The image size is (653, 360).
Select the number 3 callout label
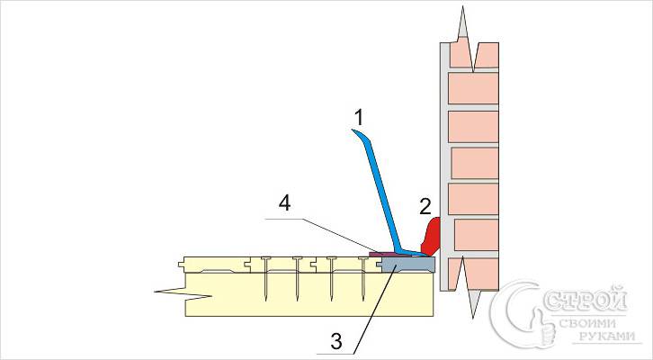(335, 339)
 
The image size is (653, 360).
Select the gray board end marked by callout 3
(407, 265)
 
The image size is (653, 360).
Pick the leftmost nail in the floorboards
(267, 279)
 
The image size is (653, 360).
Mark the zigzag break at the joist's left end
(171, 290)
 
